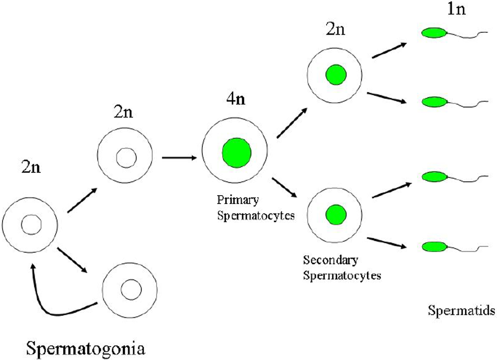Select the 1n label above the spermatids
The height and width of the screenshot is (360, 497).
[x=456, y=9]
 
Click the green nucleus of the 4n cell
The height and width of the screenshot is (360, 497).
[x=237, y=152]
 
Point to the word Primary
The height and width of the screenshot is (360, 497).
[x=238, y=200]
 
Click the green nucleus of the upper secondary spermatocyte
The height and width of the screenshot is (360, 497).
[x=335, y=75]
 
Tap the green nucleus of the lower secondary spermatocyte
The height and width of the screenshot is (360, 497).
[x=335, y=215]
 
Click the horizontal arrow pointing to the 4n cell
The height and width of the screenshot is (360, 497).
[x=179, y=158]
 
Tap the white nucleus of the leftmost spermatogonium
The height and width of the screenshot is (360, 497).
[x=33, y=225]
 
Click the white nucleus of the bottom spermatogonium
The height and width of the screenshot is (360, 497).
[x=130, y=288]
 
